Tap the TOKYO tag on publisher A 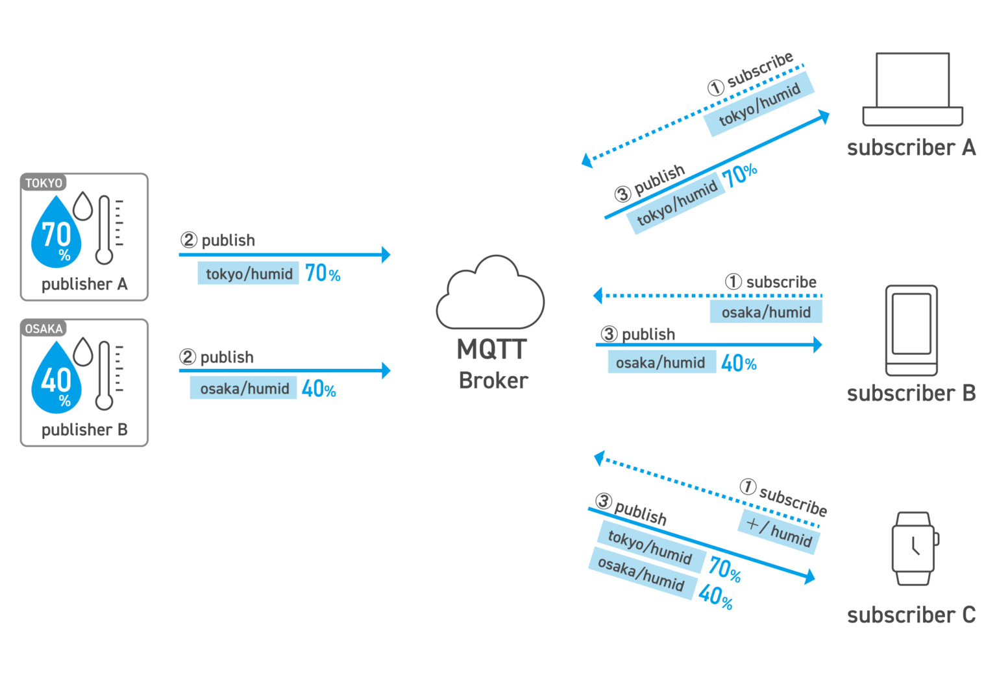pos(43,183)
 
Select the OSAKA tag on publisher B pos(43,329)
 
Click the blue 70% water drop pos(56,233)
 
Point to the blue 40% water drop pos(56,379)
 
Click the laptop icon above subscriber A pos(913,89)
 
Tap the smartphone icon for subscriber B pos(911,331)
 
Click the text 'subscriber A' pos(911,148)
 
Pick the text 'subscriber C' pos(911,615)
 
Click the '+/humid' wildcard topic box pos(779,532)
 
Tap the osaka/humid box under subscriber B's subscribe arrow pos(765,312)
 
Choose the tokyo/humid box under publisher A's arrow pos(249,274)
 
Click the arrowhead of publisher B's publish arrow pos(386,370)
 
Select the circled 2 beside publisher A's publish pos(188,240)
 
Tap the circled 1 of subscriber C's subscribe pos(748,486)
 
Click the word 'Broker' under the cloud pos(493,381)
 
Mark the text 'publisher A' pos(84,284)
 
